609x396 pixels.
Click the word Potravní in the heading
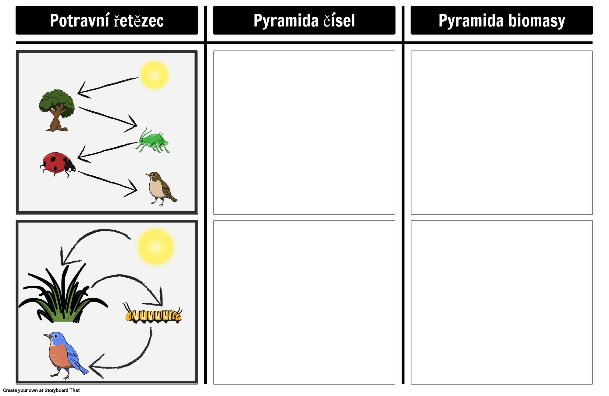(x=80, y=21)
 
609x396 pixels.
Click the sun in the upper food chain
(x=154, y=75)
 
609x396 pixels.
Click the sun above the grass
(x=155, y=247)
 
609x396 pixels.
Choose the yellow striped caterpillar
(x=153, y=315)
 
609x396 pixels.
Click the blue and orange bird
(x=64, y=354)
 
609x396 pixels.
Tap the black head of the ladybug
(x=70, y=166)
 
